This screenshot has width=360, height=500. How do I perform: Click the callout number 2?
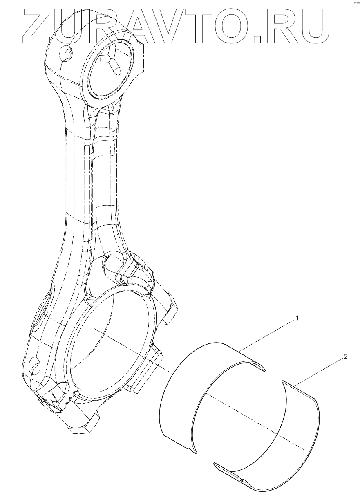[x=346, y=357]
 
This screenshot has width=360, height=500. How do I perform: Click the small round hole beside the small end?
[x=65, y=52]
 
